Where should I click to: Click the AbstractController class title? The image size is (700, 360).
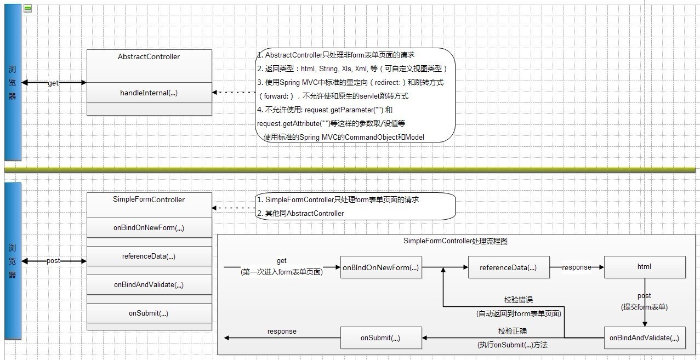pos(149,57)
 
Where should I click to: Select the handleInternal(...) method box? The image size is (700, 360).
pos(149,93)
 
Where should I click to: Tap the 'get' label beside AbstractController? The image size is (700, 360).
pos(53,83)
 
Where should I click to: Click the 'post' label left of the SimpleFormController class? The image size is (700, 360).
pos(53,261)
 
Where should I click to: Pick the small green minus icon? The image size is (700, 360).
pos(28,8)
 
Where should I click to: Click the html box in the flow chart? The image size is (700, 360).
pos(645,267)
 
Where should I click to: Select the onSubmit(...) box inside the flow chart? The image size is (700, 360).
pos(381,338)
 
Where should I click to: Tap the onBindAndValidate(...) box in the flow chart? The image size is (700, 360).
pos(645,338)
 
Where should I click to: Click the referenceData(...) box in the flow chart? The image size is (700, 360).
pos(508,267)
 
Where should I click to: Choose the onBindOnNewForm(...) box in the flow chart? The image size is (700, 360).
pos(381,267)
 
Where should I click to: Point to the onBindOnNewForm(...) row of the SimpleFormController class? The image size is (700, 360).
pos(149,228)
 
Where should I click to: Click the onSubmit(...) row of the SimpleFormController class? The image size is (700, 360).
pos(149,313)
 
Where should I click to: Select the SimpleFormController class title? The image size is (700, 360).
pos(149,199)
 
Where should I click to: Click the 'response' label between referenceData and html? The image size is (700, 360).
pos(577,267)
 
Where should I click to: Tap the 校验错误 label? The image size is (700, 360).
pos(519,300)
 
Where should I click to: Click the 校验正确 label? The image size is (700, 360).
pos(513,332)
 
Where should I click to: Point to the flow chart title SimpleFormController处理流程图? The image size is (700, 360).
pos(456,241)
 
